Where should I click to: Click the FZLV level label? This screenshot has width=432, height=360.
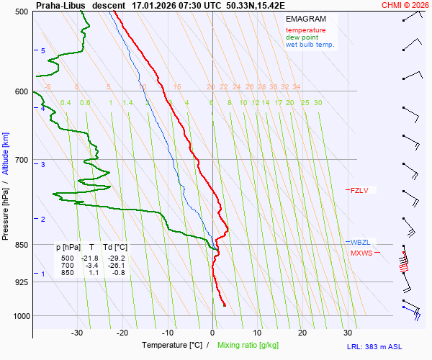coord(359,191)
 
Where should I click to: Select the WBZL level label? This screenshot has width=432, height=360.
coord(359,243)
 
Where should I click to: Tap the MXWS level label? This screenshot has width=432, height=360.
coord(361,253)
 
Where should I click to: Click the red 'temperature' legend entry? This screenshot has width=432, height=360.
coord(305,30)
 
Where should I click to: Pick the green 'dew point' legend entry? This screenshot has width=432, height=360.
coord(302,37)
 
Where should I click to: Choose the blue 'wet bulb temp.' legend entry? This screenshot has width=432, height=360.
coord(310,45)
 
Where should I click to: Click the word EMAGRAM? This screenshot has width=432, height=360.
coord(305,19)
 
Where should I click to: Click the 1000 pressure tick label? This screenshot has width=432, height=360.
coord(20,316)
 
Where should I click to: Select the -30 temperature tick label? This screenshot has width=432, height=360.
coord(77,333)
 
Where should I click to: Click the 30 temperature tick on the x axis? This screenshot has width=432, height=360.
coord(347,333)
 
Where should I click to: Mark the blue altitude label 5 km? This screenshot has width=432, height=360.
coord(43,51)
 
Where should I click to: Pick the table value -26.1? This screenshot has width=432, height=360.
coord(116,266)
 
